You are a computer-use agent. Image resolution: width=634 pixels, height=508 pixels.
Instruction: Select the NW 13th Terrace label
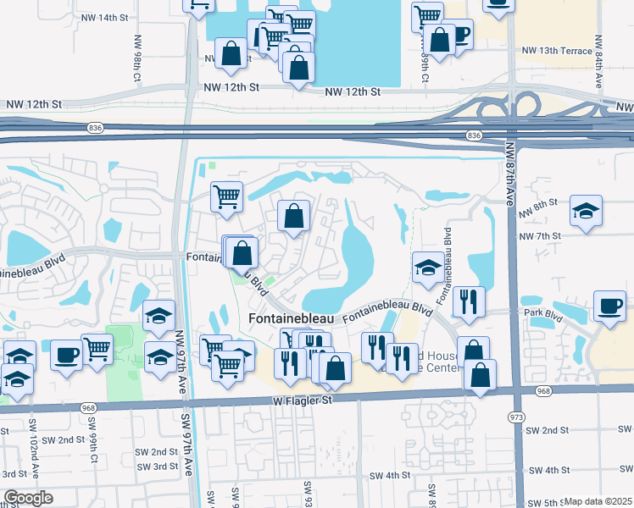pos(557,51)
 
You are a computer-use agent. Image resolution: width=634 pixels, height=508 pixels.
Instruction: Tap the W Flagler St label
pos(302,399)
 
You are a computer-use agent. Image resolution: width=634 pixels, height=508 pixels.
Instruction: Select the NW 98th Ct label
pos(136,57)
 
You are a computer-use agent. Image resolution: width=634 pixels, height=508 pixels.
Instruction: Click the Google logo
pos(28,498)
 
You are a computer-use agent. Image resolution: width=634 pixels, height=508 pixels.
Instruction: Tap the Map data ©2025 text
pos(598,501)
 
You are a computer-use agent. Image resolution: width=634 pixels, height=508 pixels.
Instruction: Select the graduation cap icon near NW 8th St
pos(586,211)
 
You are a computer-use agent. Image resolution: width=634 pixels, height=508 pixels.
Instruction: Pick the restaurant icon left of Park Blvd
pos(468,300)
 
